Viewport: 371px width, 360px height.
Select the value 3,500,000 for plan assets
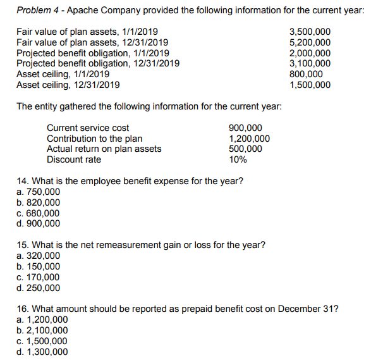(x=309, y=32)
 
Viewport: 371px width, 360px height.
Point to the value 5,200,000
(x=309, y=42)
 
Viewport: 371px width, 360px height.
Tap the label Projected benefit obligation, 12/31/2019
(x=97, y=63)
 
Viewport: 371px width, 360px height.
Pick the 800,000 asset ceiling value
(x=305, y=73)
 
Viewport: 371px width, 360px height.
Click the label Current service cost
(x=88, y=128)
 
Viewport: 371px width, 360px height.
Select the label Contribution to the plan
(x=94, y=139)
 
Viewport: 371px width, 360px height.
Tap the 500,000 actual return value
(x=245, y=149)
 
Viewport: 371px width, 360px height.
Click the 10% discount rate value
(x=238, y=159)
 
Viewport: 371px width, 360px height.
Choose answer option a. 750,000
(x=39, y=192)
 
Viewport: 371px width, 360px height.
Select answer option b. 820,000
(x=39, y=202)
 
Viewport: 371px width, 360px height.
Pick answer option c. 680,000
(x=39, y=213)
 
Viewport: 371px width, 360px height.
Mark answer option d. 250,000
(x=39, y=288)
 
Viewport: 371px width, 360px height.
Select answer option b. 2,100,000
(x=42, y=330)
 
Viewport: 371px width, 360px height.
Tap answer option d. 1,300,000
(x=42, y=352)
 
